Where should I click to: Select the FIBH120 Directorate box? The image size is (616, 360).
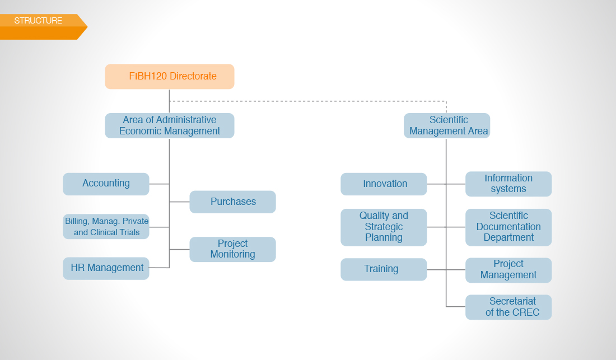pyautogui.click(x=170, y=77)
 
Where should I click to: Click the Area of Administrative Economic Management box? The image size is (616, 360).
pyautogui.click(x=170, y=125)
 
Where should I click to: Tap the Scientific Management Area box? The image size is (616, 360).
pyautogui.click(x=447, y=125)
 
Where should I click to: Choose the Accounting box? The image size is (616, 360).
pyautogui.click(x=106, y=184)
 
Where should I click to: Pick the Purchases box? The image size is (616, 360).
pyautogui.click(x=232, y=202)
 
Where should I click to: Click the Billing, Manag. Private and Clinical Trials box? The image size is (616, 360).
pyautogui.click(x=106, y=227)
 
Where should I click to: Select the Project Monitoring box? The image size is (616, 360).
pyautogui.click(x=232, y=249)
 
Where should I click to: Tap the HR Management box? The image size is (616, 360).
pyautogui.click(x=106, y=269)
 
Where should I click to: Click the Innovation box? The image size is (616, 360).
pyautogui.click(x=384, y=184)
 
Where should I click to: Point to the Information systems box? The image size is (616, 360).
pyautogui.click(x=508, y=184)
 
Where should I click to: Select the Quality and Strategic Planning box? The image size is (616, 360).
pyautogui.click(x=384, y=227)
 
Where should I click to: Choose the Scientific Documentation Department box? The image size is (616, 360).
pyautogui.click(x=508, y=227)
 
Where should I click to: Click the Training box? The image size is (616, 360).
pyautogui.click(x=384, y=269)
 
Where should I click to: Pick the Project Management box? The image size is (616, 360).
pyautogui.click(x=508, y=270)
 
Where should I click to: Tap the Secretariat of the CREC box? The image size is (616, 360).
pyautogui.click(x=508, y=307)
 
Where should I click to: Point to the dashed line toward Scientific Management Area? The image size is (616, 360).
pyautogui.click(x=308, y=101)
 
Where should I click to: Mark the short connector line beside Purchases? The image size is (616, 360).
pyautogui.click(x=180, y=202)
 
